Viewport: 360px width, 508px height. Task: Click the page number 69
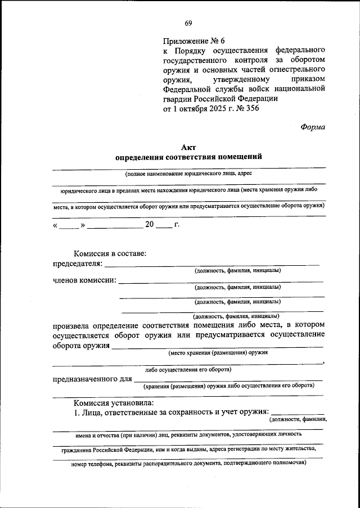pyautogui.click(x=188, y=23)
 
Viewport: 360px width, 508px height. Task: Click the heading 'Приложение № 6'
pyautogui.click(x=193, y=42)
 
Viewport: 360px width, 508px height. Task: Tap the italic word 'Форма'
pyautogui.click(x=313, y=127)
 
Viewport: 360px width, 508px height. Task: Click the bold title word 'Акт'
pyautogui.click(x=188, y=147)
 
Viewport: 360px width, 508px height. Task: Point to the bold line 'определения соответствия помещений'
pyautogui.click(x=188, y=157)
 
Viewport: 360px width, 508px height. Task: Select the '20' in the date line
pyautogui.click(x=149, y=225)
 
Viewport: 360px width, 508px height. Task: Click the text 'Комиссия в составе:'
pyautogui.click(x=110, y=253)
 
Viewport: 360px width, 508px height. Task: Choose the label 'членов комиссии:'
pyautogui.click(x=84, y=280)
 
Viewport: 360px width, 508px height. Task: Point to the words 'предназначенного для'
pyautogui.click(x=88, y=379)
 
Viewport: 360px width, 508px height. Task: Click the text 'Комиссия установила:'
pyautogui.click(x=112, y=402)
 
